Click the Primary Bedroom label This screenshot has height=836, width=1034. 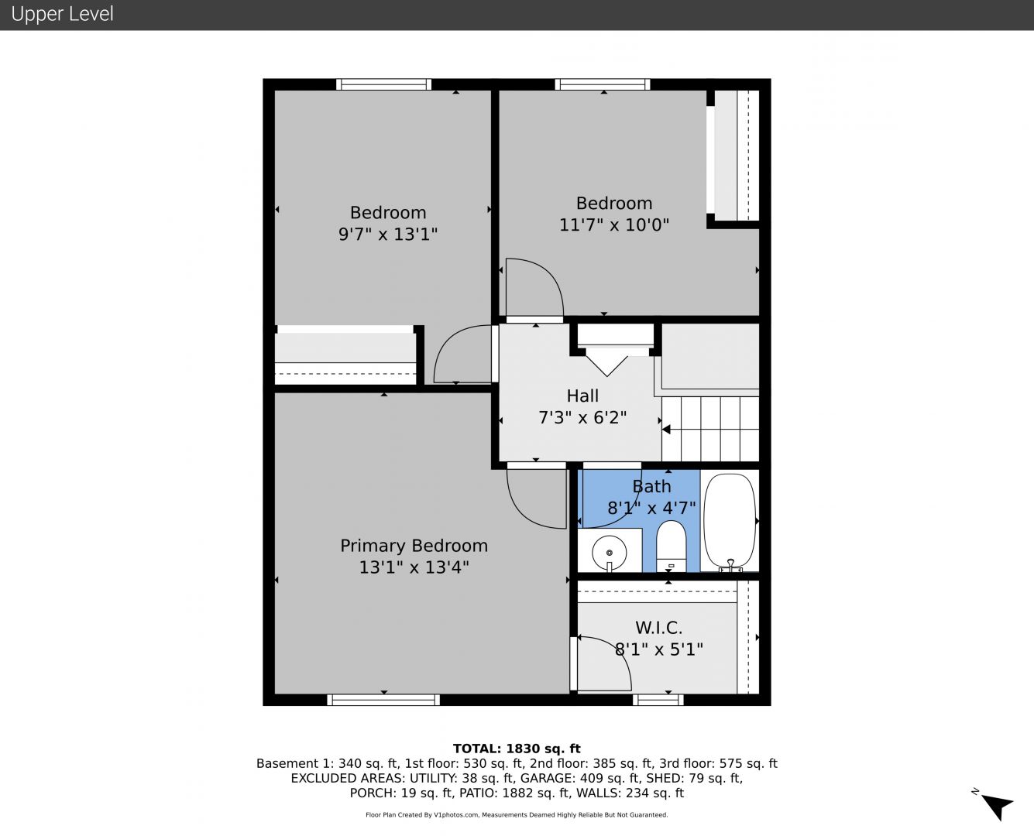414,546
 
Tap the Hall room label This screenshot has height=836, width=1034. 582,396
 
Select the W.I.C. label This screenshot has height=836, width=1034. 659,628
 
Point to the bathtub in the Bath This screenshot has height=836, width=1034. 730,520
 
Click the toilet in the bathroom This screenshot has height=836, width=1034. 671,546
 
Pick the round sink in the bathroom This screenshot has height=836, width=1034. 610,553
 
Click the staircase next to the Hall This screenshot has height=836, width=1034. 710,429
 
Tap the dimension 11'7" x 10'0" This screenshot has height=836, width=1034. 614,225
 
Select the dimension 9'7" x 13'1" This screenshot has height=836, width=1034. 388,235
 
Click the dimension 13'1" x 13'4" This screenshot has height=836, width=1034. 414,567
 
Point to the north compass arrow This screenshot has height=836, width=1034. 998,807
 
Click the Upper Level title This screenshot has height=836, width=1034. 62,14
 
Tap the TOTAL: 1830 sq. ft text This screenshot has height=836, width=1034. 517,749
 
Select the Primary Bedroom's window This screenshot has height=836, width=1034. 383,699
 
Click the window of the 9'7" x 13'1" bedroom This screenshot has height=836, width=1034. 383,84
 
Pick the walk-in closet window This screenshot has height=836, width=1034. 658,699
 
